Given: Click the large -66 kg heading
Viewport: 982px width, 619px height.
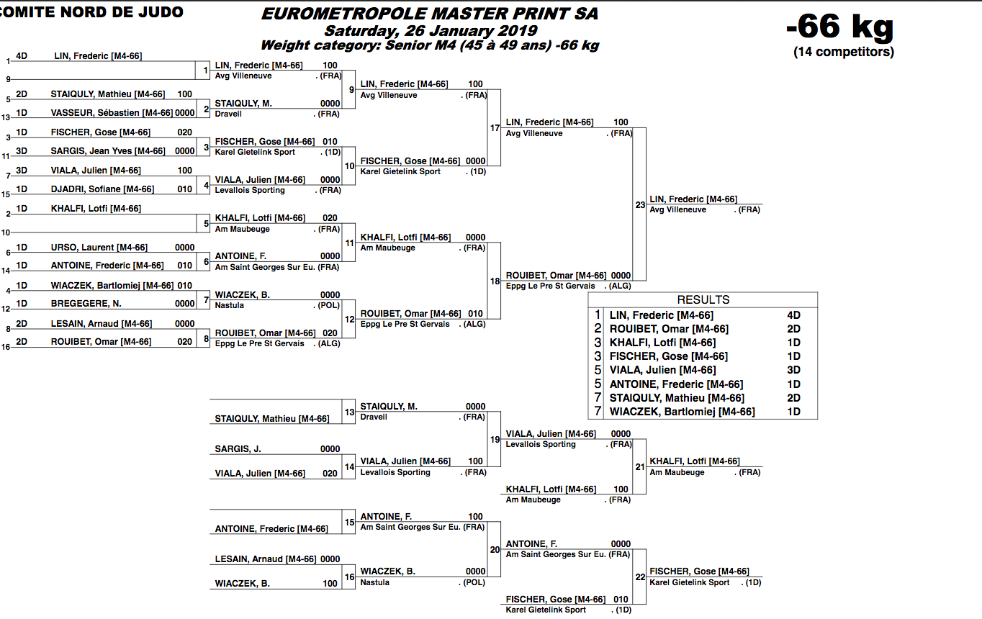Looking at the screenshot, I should tap(839, 27).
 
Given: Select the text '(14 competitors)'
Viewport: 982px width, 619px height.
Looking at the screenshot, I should tap(844, 52).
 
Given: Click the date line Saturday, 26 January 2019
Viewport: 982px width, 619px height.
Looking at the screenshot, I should tap(431, 30).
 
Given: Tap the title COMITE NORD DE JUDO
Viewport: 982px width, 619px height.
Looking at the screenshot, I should tap(91, 12).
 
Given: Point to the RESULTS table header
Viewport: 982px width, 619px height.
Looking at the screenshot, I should tap(703, 299).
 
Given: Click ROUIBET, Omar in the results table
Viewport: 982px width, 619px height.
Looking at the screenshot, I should tap(669, 329).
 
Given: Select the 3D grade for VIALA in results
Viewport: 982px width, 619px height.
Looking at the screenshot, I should tap(793, 370).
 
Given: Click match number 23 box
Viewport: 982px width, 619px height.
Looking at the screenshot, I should tap(640, 204).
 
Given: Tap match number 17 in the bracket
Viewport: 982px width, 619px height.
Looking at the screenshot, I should tap(495, 128).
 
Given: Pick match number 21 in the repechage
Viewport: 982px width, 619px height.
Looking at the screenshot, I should tap(640, 466).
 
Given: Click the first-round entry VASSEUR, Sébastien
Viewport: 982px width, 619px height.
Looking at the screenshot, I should tap(112, 113).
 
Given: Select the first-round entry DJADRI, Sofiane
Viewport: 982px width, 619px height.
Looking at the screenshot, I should tap(102, 189).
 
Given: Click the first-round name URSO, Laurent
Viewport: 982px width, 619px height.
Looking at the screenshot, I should tap(99, 247).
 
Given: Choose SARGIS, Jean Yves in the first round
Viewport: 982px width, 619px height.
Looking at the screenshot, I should tap(107, 151).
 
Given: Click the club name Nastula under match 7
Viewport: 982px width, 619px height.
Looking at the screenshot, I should tap(230, 305).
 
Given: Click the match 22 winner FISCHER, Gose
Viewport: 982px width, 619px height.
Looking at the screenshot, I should tap(699, 571).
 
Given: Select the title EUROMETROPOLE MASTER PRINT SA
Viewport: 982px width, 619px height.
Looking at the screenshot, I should tap(429, 14).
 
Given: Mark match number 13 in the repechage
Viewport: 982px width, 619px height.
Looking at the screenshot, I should tap(349, 412).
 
